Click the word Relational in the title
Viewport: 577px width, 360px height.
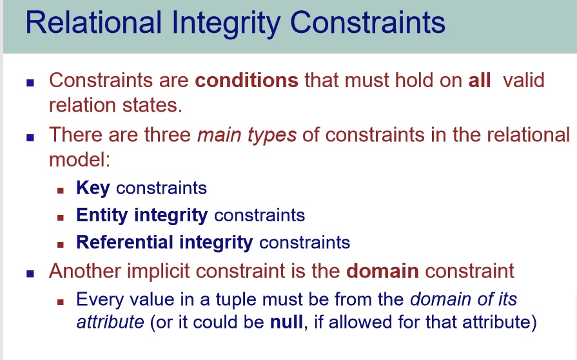point(93,23)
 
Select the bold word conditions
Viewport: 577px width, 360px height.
point(246,80)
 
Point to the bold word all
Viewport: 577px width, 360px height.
point(480,80)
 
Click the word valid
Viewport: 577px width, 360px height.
point(523,80)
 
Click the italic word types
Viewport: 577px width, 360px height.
point(272,135)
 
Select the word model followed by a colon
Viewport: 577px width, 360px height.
point(79,160)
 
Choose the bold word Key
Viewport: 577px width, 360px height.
point(93,188)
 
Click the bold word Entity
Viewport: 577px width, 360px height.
point(102,215)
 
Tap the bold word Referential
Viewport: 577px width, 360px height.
point(124,242)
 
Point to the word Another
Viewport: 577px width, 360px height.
point(84,271)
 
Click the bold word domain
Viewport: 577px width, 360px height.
point(382,271)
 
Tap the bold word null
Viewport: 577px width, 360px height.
point(287,322)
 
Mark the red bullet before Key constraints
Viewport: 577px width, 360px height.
point(61,190)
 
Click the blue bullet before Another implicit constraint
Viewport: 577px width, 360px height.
point(30,274)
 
